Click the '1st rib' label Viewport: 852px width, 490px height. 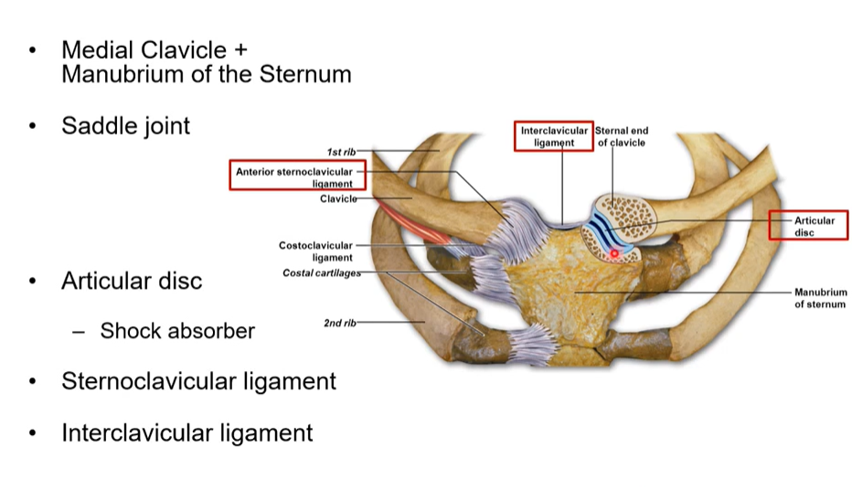pos(341,151)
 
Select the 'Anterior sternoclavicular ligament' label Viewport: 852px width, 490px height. pos(293,176)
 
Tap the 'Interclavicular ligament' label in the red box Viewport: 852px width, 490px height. pos(554,136)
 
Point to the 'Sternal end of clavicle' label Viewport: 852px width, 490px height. pos(622,136)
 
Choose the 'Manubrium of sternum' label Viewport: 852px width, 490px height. pos(820,298)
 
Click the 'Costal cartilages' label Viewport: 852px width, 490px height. pos(322,273)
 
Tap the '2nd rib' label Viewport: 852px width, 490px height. pos(339,323)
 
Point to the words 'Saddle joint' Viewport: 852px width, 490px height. pos(126,125)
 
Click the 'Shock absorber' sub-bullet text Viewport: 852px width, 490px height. pos(177,331)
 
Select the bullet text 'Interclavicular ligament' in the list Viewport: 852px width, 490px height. pos(186,431)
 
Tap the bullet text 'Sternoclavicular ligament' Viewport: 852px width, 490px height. pos(198,380)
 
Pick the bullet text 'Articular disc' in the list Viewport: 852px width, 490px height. pos(132,281)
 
